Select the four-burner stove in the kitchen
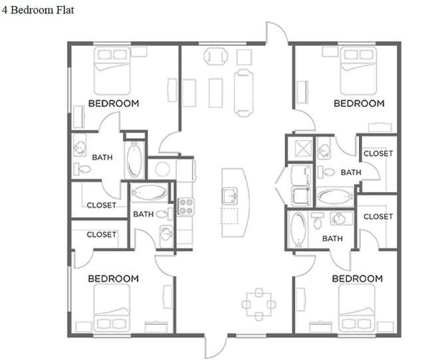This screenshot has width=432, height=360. point(185,206)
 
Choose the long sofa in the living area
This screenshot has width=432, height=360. point(244,92)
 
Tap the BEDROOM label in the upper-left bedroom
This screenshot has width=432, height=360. point(114,104)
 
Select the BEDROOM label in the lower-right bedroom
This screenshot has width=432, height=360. point(357,278)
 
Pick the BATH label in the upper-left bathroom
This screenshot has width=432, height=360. point(102,157)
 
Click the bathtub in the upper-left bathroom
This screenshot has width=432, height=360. point(134,159)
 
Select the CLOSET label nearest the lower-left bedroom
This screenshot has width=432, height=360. point(101,234)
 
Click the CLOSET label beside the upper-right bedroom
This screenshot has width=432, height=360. point(378,153)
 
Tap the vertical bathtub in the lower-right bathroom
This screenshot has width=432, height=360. point(298,230)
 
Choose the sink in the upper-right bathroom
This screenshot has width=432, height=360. point(324,149)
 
